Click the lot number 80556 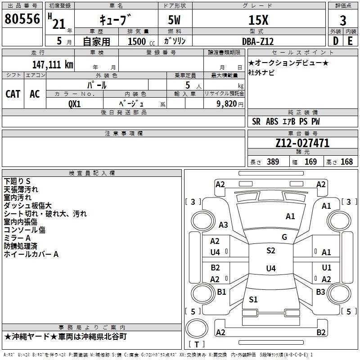point(22,19)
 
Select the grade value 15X point(258,20)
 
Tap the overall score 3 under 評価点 point(343,20)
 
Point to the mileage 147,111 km point(53,65)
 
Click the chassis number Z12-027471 point(302,143)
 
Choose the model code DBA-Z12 point(258,41)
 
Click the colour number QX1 point(74,104)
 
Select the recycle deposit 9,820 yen point(230,104)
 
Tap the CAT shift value point(13,94)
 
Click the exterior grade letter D point(336,41)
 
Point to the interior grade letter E point(350,41)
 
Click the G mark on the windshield point(284,237)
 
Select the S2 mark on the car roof point(271,251)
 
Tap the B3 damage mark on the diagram point(320,292)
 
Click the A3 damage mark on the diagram point(223,225)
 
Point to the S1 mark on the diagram point(253,299)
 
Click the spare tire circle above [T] point(197,328)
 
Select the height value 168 point(346,162)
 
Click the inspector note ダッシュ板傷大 point(28,206)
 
